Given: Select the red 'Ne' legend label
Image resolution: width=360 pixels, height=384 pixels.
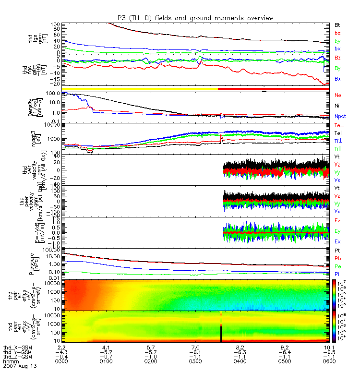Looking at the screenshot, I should [x=337, y=95].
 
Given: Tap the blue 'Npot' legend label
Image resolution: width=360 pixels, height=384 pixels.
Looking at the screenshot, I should [x=340, y=116].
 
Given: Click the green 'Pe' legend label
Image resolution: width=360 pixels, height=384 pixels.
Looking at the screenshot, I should [x=337, y=266].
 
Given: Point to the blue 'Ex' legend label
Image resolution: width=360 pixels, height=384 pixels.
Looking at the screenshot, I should [x=337, y=241].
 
